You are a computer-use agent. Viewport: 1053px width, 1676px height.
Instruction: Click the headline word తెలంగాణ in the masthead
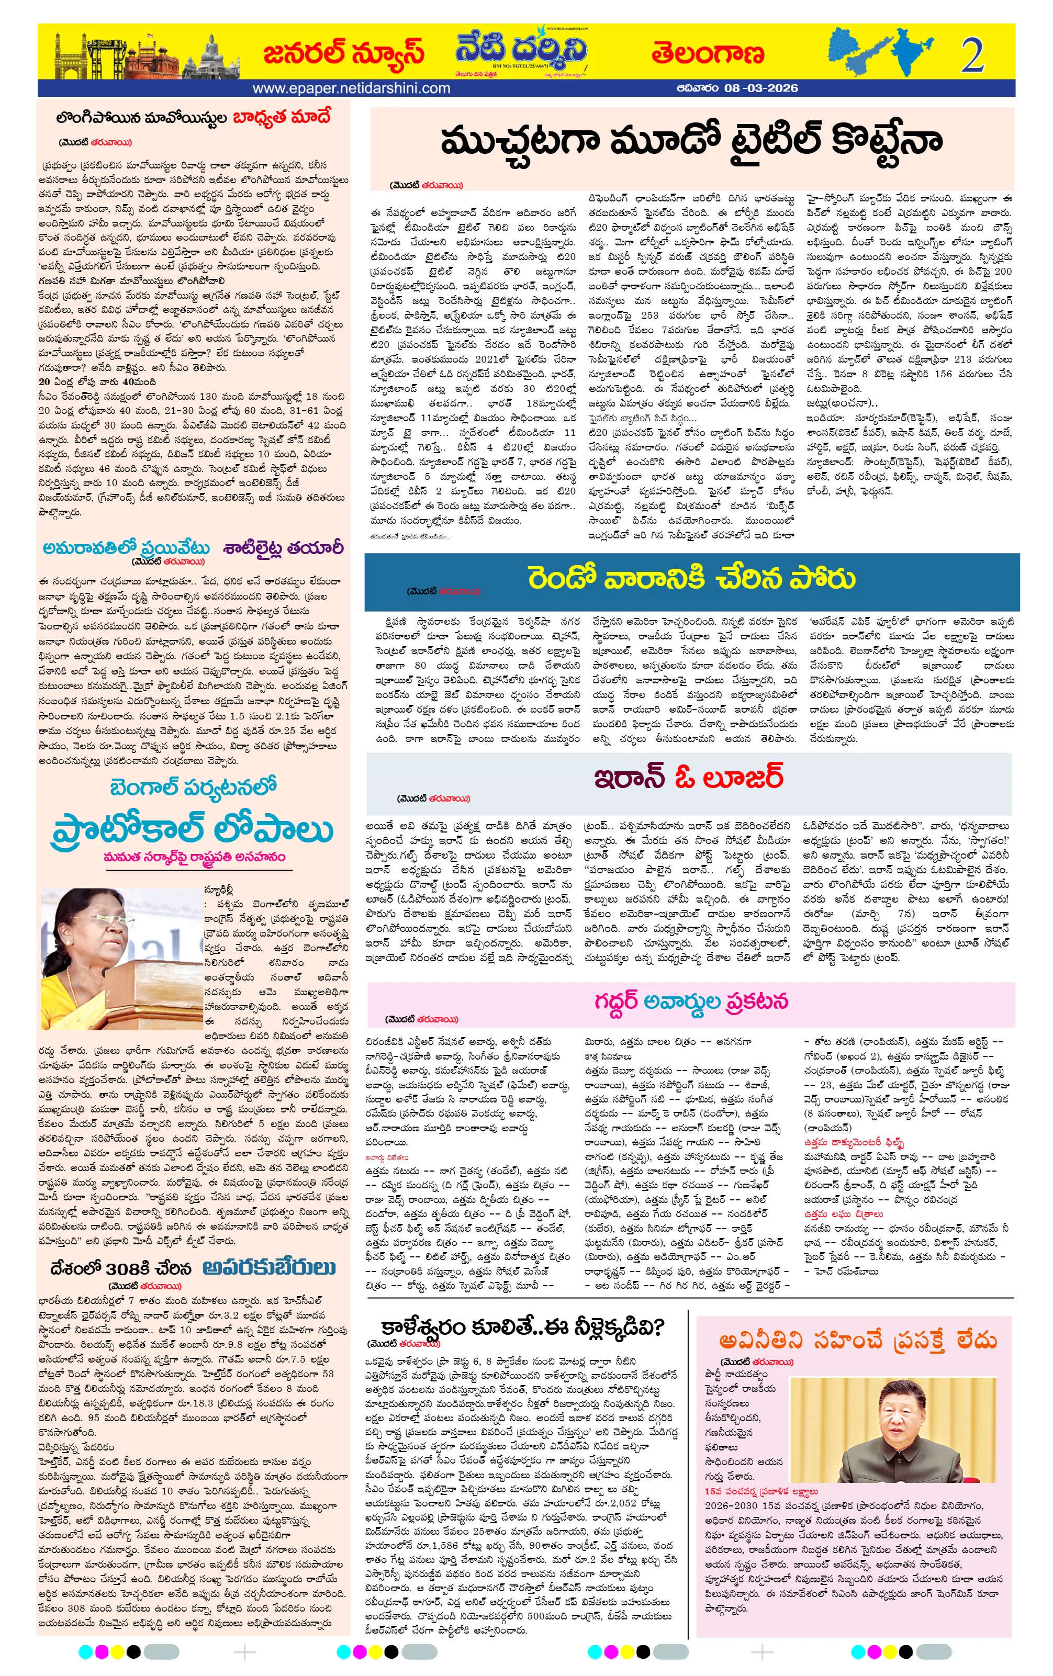point(707,53)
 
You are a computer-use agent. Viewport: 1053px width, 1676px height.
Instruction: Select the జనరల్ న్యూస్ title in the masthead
point(343,53)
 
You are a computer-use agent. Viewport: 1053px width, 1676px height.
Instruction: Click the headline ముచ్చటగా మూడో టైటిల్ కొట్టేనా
point(690,141)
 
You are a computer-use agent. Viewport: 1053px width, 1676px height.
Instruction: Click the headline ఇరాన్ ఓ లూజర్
point(688,776)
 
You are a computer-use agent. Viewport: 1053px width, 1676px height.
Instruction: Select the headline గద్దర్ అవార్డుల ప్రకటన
point(690,1001)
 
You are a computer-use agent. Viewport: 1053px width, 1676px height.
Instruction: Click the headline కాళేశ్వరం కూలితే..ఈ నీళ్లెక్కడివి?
point(521,1326)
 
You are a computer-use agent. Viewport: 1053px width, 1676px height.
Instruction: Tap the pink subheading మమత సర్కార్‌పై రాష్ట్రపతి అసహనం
point(194,857)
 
